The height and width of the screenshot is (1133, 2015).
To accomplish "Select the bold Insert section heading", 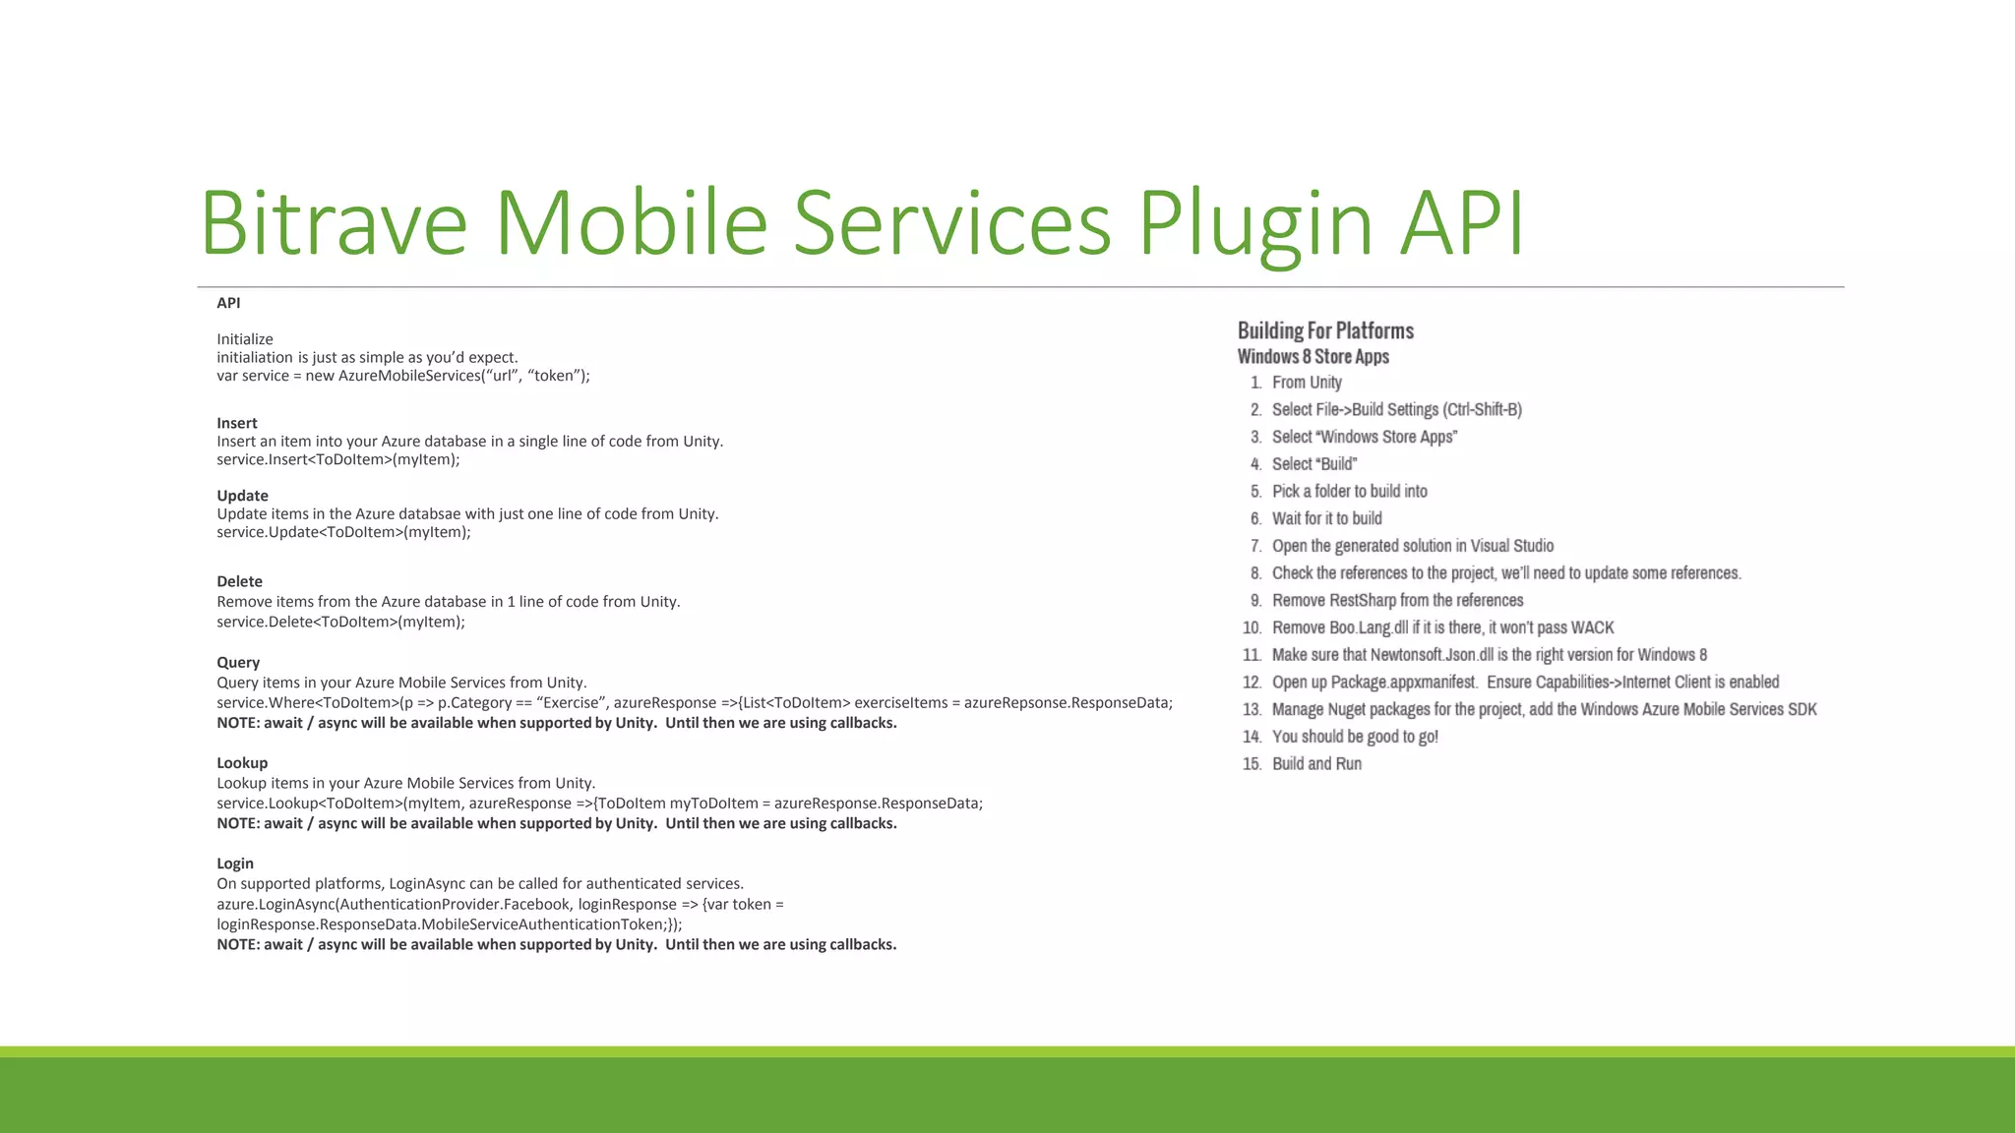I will [x=237, y=423].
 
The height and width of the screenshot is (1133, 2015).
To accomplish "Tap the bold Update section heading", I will [x=242, y=496].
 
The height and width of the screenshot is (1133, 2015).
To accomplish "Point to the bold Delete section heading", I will [x=239, y=581].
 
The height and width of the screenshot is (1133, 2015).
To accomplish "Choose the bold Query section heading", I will [x=238, y=662].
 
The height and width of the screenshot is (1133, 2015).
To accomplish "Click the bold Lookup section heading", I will [x=242, y=762].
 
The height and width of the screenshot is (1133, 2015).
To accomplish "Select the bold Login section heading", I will [x=235, y=863].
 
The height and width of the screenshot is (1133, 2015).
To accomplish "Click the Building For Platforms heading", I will [x=1325, y=330].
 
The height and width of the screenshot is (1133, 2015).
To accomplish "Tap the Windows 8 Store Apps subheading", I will [x=1313, y=357].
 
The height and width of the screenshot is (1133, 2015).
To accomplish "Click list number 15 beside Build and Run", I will [x=1252, y=764].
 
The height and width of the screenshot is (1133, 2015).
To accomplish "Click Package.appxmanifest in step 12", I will [x=1403, y=682].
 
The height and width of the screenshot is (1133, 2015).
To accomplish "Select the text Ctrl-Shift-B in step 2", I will [x=1482, y=409].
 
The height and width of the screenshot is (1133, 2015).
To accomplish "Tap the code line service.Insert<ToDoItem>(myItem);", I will [x=338, y=459].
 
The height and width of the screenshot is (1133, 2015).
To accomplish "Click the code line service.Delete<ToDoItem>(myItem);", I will [x=340, y=622].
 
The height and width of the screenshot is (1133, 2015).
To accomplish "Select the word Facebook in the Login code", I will [x=536, y=904].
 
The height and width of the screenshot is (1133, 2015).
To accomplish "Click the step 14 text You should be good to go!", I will [x=1355, y=737].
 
